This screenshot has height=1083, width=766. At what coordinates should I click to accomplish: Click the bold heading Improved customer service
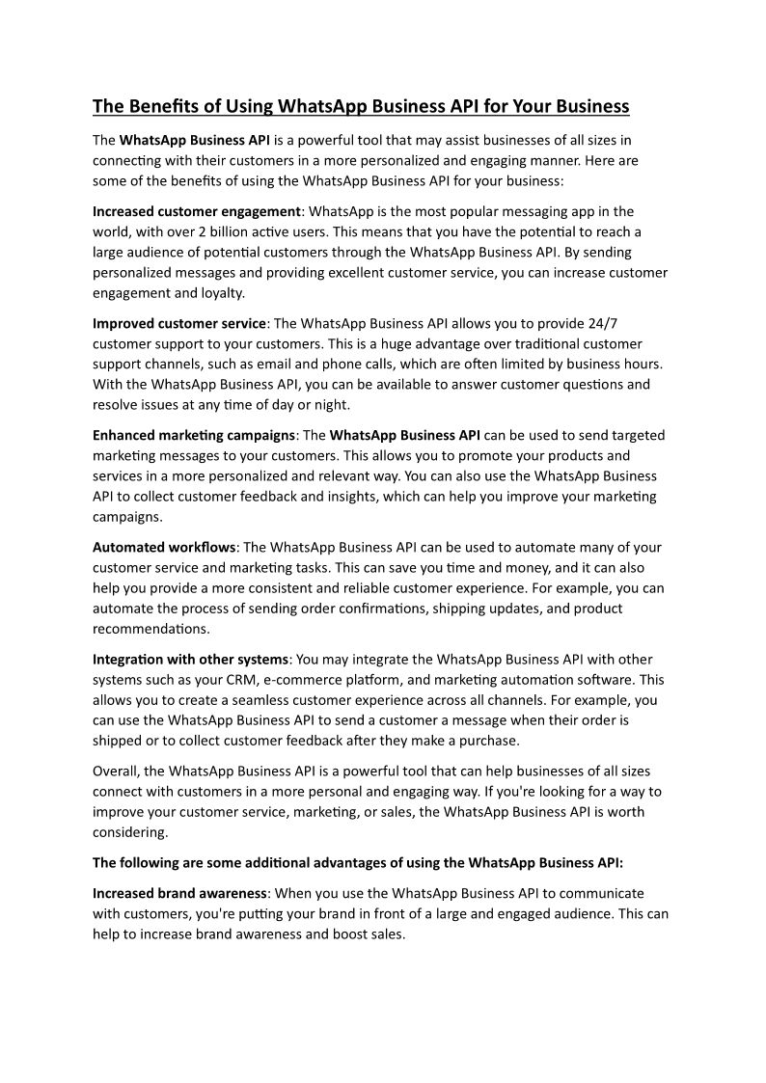[x=178, y=323]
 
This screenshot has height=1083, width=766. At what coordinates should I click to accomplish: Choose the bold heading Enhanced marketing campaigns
[x=193, y=435]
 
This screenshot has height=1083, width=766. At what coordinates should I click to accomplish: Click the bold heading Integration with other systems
[x=190, y=660]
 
